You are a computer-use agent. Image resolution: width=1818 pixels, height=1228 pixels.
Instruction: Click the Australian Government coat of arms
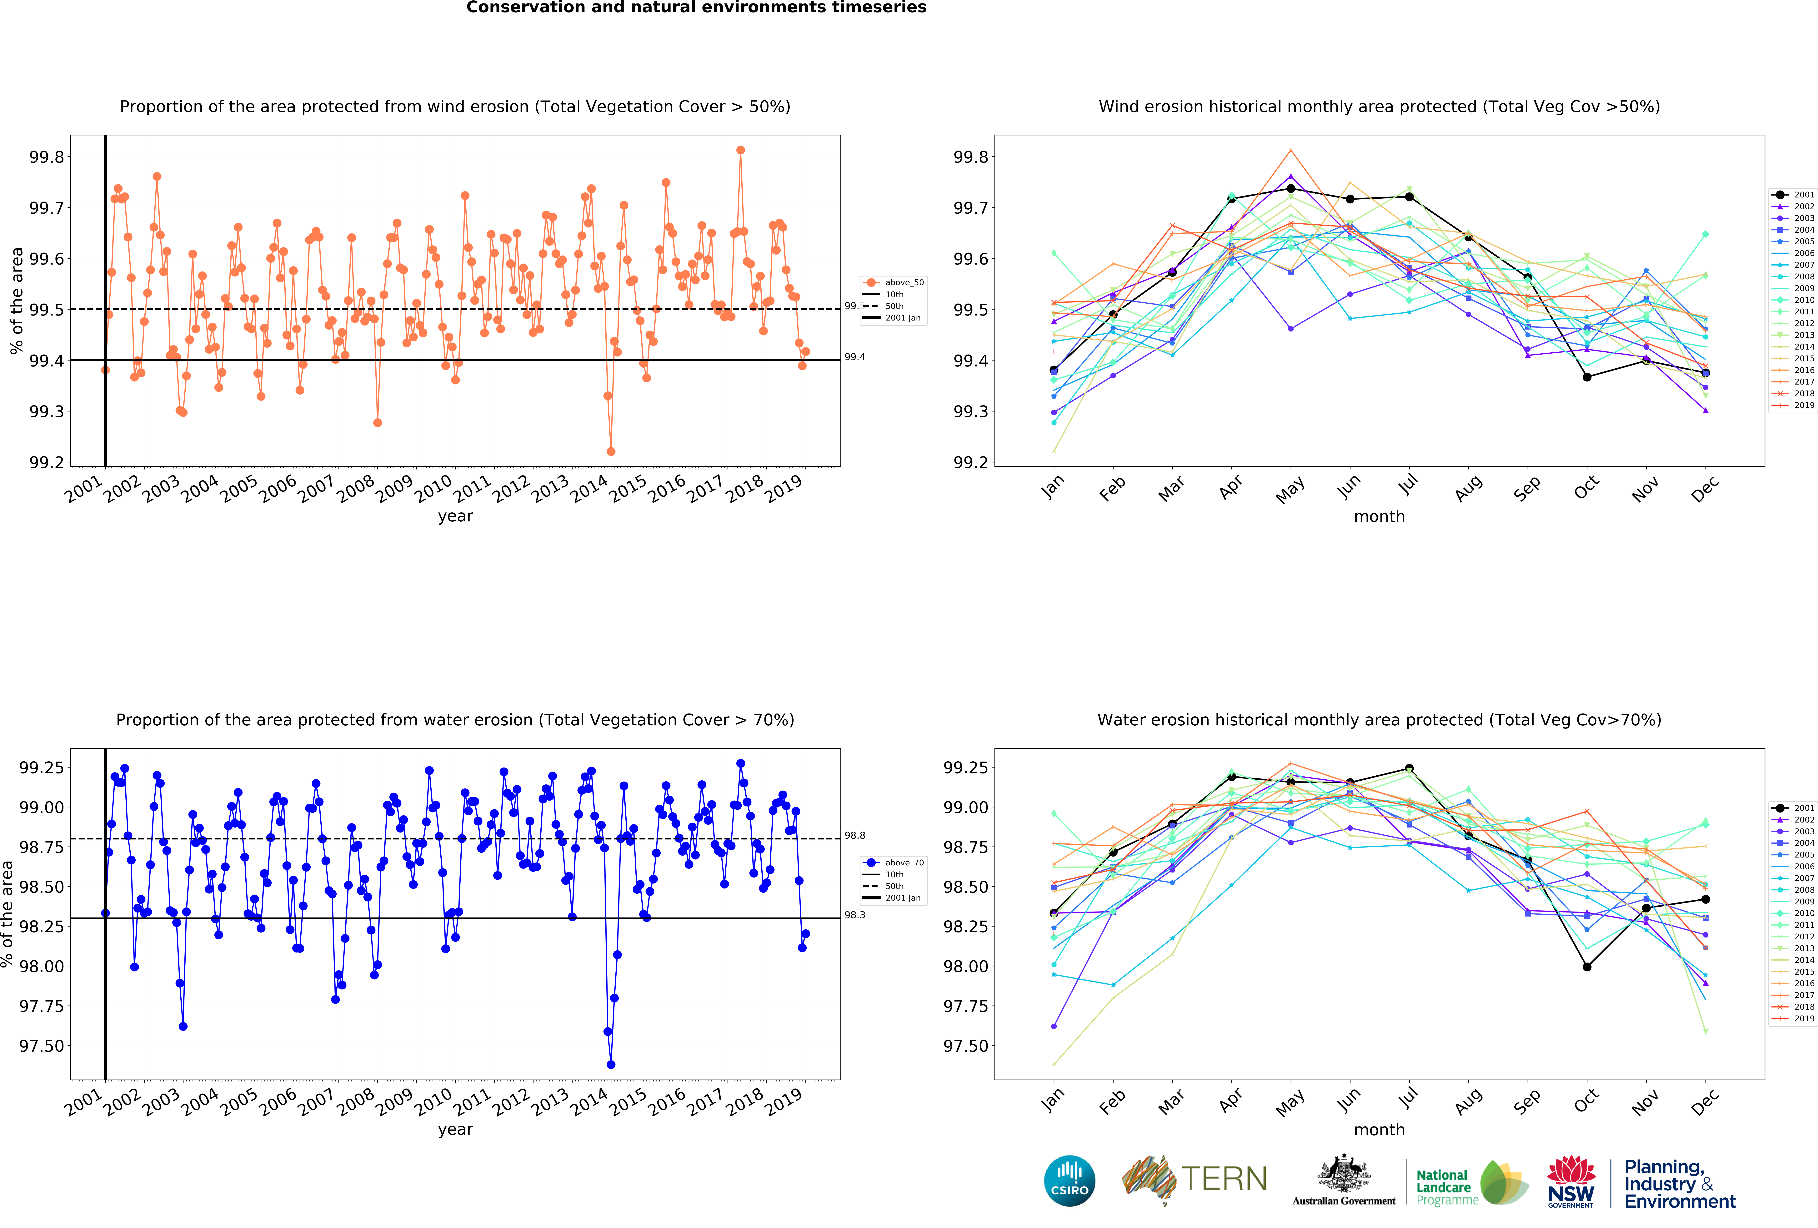click(x=1343, y=1173)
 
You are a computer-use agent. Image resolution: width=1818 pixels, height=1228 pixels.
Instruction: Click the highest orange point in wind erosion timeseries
click(x=740, y=150)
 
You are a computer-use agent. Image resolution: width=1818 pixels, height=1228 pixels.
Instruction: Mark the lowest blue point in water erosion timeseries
click(x=611, y=1065)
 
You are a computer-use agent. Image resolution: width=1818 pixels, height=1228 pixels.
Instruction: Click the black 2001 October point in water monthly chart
click(x=1586, y=967)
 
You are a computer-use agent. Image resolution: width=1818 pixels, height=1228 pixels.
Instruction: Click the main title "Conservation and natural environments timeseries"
click(x=696, y=8)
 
